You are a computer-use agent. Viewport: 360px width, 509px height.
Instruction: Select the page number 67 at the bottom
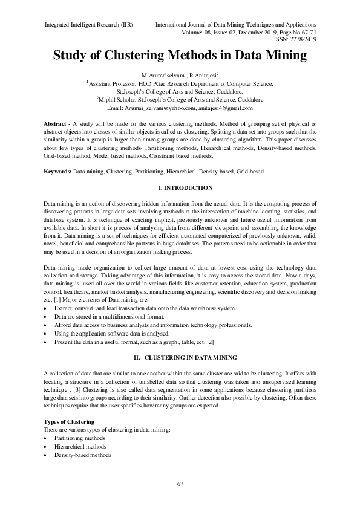tap(180, 483)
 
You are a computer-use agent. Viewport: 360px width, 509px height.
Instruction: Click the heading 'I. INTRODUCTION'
tap(180, 188)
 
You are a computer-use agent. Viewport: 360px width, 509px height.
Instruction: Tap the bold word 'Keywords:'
tap(58, 172)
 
